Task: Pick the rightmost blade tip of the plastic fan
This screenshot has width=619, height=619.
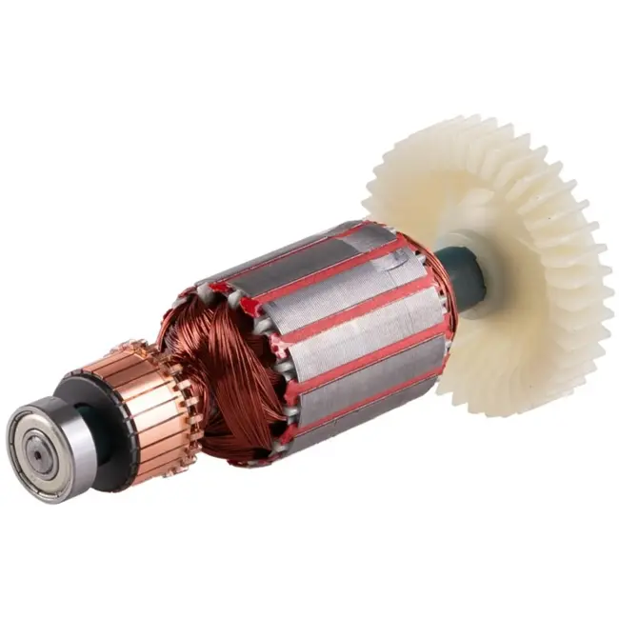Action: click(605, 286)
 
